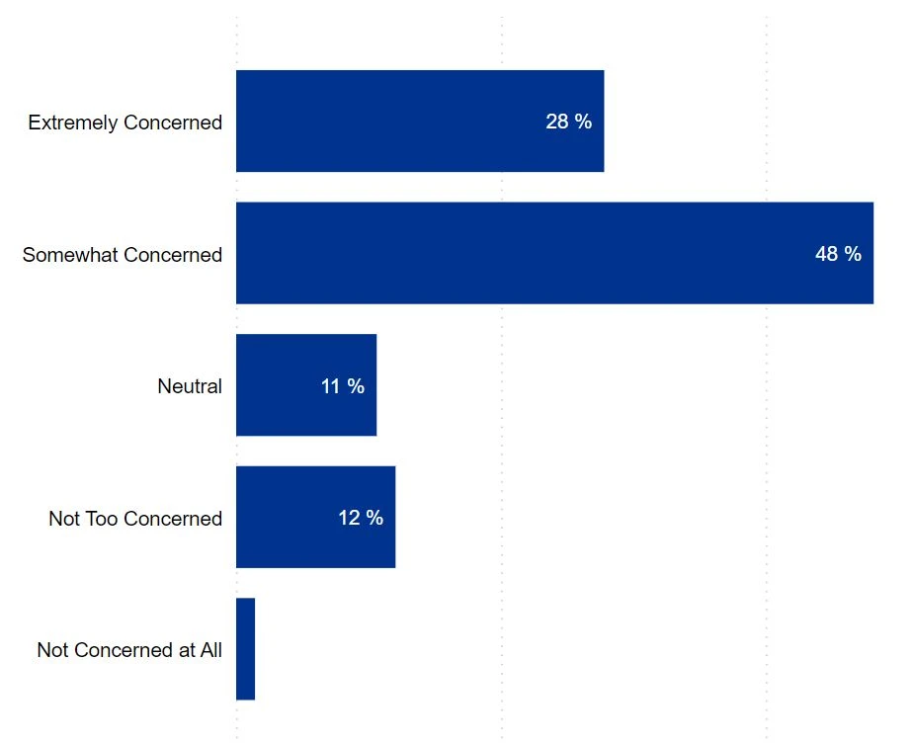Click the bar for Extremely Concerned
419,121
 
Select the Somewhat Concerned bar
553,253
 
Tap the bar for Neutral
305,385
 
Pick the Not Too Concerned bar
315,517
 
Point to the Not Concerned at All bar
245,649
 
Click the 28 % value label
568,122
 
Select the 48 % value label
838,254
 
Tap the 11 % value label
342,386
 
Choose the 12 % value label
360,518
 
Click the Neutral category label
190,386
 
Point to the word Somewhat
64,255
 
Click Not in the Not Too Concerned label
63,519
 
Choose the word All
209,650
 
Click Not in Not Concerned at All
51,650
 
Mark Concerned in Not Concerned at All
123,650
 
